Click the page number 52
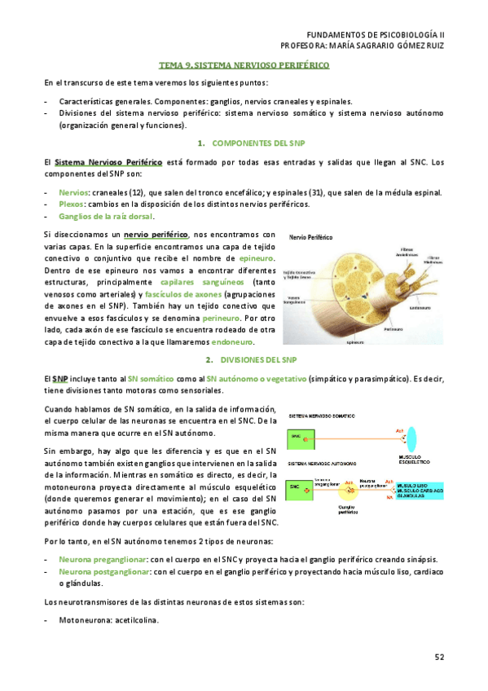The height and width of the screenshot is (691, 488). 438,657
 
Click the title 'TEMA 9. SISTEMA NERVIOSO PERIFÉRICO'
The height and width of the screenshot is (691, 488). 244,64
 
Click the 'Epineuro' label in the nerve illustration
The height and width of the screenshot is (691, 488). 358,342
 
